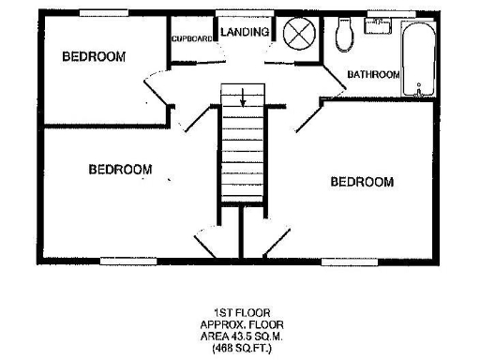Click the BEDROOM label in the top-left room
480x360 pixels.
point(94,57)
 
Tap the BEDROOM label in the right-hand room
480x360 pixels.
point(362,182)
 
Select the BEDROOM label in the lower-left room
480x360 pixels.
point(121,170)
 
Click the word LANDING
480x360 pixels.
point(246,32)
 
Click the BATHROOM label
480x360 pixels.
point(373,74)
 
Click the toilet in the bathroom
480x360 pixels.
point(344,35)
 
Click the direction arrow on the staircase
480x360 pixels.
point(243,96)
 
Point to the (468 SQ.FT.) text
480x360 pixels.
point(242,346)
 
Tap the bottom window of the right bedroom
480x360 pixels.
point(350,258)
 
